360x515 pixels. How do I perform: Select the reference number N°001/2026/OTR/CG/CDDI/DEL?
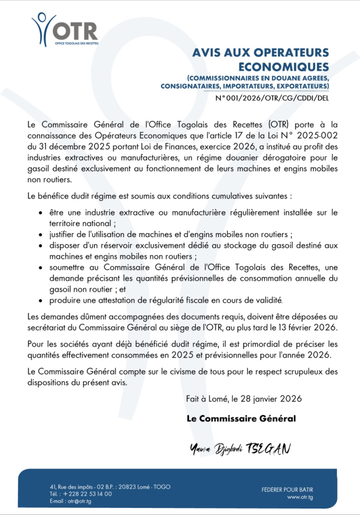tap(272, 98)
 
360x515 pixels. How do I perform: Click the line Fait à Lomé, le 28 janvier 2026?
tap(244, 399)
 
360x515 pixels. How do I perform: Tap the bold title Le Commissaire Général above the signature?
tap(241, 418)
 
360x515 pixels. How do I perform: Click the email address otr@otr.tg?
tap(79, 501)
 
